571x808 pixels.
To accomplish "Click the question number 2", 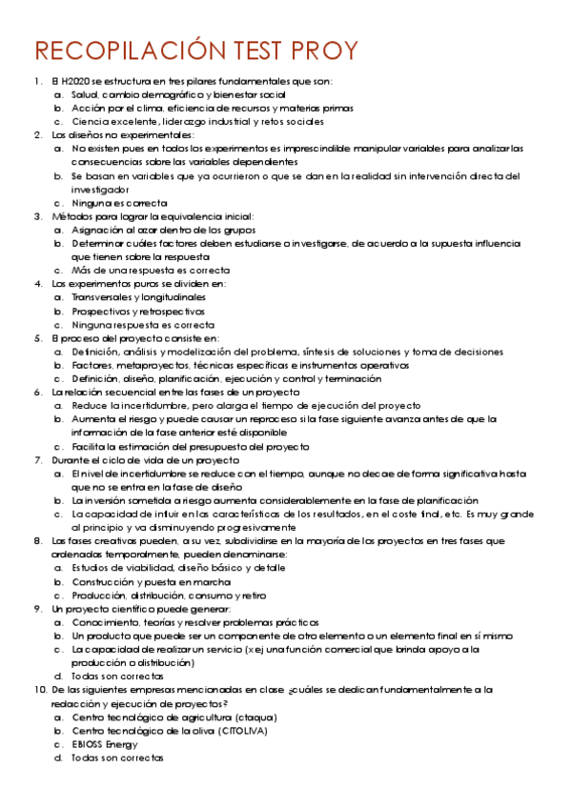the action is pos(37,135).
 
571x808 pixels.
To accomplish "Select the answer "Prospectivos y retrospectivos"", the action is pos(138,311).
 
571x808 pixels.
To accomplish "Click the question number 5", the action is pos(37,338).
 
